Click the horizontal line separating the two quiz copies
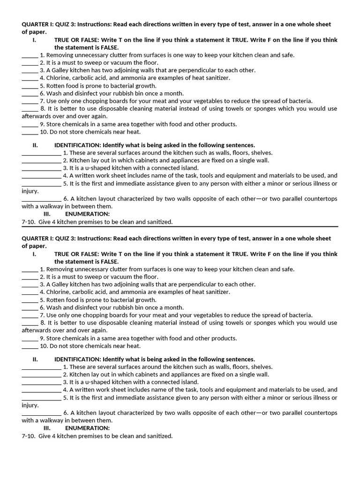click(180, 227)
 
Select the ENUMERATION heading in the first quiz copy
click(87, 214)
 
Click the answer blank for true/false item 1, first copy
click(30, 55)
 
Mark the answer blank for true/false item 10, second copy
click(30, 346)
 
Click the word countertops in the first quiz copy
click(320, 199)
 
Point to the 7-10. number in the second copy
click(29, 436)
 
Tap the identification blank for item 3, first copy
click(41, 168)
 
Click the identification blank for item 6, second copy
click(41, 413)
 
